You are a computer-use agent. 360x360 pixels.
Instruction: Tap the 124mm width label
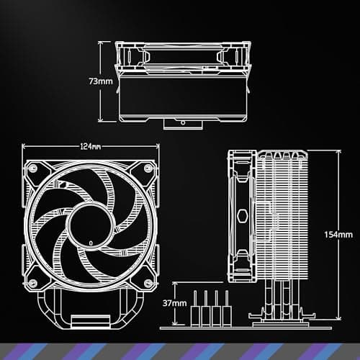[90, 147]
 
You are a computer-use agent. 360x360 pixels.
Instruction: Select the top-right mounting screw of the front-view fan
[149, 167]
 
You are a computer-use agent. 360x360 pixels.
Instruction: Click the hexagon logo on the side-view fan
[240, 216]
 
